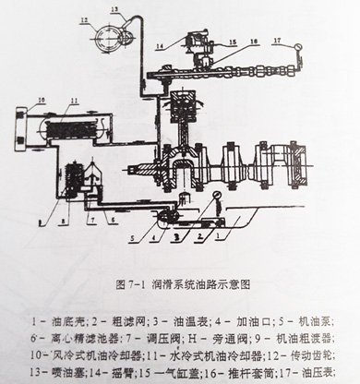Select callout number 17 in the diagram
pos(274,42)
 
